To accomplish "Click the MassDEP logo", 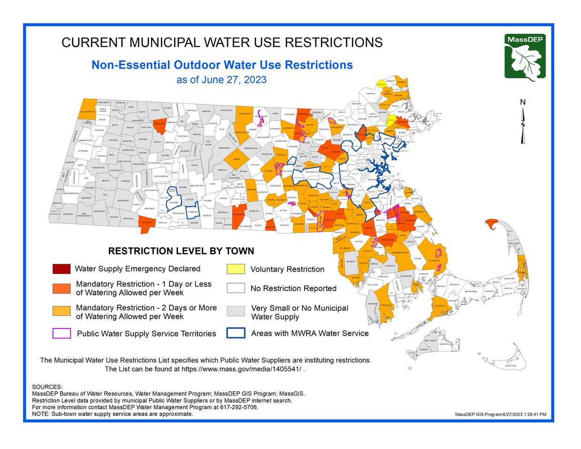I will coord(525,57).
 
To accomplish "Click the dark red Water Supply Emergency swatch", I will coord(61,269).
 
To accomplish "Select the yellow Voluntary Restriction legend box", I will coord(236,269).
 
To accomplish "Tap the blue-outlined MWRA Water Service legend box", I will coord(236,333).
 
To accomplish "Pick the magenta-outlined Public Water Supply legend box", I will coord(61,333).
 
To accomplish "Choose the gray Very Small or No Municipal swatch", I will coord(236,312).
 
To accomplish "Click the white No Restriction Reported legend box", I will coord(236,288).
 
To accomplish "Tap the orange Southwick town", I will coord(147,224).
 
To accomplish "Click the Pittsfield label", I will coord(82,151).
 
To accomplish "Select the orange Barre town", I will coord(237,160).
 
